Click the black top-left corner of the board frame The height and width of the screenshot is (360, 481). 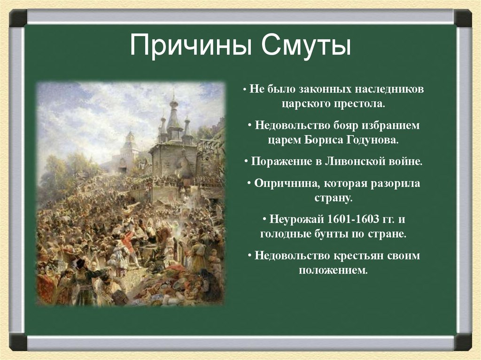click(x=18, y=18)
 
